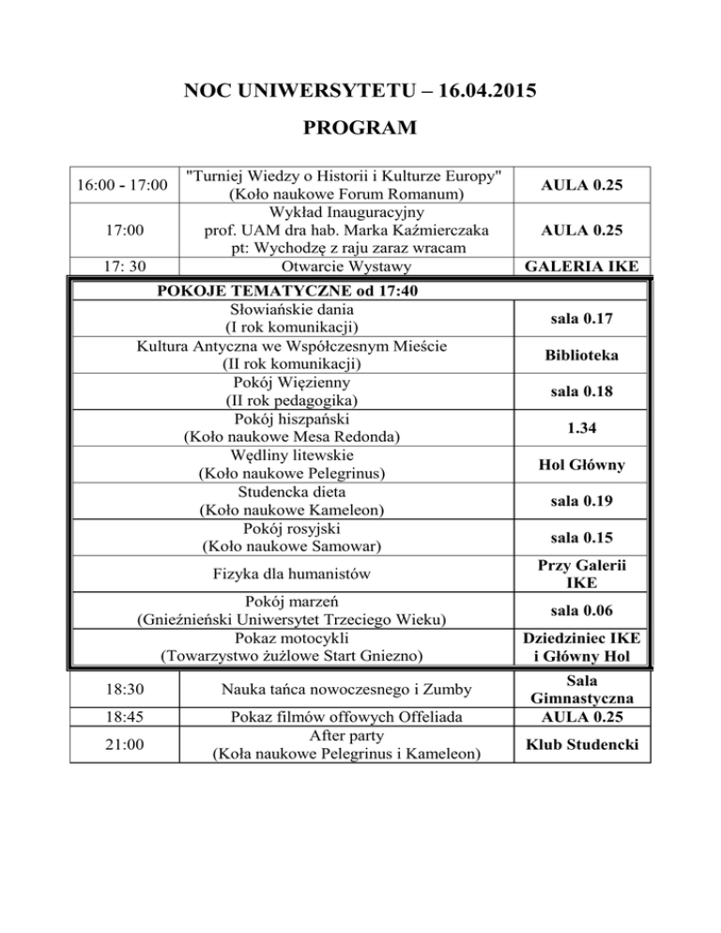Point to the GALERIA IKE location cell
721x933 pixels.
585,267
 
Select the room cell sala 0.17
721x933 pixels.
585,320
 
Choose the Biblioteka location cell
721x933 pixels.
585,357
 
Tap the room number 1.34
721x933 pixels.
585,429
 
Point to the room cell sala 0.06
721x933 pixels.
585,610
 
